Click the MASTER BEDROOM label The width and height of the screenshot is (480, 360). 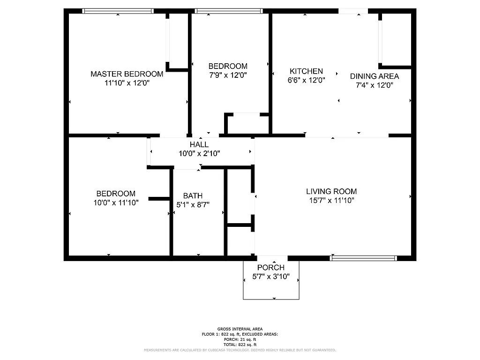127,74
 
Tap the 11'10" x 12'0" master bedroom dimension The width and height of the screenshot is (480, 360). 127,83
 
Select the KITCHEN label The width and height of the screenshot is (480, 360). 306,71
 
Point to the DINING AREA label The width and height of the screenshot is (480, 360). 375,76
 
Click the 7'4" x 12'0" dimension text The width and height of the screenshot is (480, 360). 374,85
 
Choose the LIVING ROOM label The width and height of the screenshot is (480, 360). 331,191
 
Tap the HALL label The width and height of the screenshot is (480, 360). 199,144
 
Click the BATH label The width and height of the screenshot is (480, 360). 193,196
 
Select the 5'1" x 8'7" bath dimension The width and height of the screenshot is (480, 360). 193,205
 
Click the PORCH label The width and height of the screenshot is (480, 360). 271,268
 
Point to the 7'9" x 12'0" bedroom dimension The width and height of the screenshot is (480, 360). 228,75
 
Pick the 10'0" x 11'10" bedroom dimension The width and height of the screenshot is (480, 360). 116,203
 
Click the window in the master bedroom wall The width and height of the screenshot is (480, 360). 118,11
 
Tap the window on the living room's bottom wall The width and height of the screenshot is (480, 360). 364,258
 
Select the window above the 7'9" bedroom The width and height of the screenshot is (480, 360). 229,11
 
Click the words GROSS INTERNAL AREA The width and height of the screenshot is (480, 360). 240,329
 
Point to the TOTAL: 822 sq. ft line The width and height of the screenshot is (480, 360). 240,345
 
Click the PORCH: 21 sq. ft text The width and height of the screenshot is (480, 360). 240,339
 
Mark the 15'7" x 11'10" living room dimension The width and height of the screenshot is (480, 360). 331,201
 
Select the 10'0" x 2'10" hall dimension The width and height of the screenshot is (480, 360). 199,153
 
